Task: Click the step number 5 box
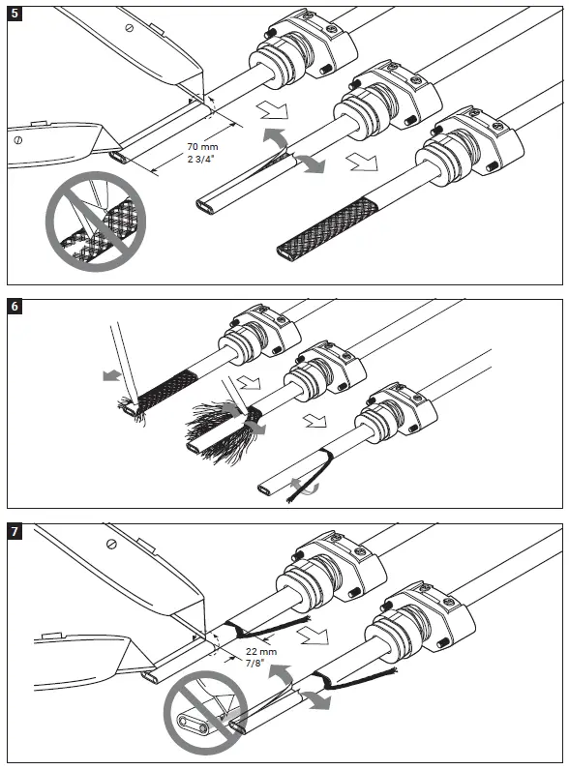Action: (x=15, y=15)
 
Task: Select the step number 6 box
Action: (x=15, y=309)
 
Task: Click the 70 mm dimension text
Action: (x=202, y=147)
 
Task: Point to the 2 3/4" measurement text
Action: (x=202, y=159)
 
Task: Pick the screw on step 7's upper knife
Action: (x=114, y=547)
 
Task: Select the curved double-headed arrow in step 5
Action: (x=297, y=154)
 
